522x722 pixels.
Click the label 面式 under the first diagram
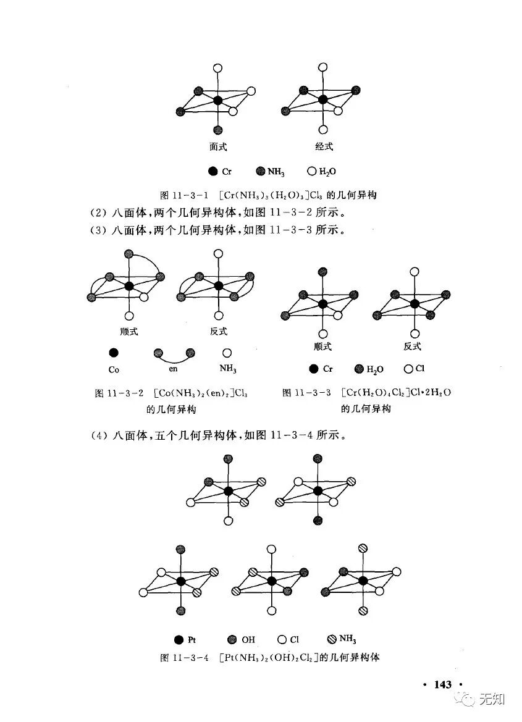[218, 147]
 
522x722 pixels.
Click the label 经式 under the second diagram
[323, 147]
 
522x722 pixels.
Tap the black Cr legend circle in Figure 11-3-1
[213, 171]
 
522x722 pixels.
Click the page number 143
[443, 684]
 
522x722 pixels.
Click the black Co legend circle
[113, 353]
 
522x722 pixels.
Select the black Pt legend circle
[179, 639]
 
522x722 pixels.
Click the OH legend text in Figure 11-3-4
[248, 640]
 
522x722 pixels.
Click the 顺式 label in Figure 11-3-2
[129, 332]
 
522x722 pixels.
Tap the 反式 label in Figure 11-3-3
[412, 346]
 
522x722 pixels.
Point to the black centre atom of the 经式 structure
[322, 99]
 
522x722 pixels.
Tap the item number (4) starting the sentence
[98, 435]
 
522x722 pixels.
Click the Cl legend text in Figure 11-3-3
[420, 369]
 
